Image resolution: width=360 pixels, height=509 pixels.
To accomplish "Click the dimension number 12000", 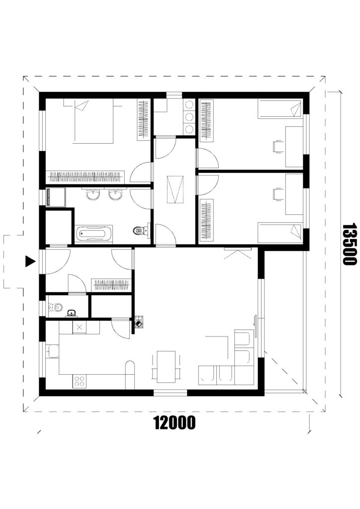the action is point(175,423).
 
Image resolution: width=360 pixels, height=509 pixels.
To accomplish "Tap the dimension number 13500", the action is point(349,244).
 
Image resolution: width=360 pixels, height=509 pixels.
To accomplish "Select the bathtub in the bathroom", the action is point(94,234).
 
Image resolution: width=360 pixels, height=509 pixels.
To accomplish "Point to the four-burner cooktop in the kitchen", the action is point(79,381).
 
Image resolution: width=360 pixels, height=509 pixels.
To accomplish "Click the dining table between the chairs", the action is point(166,367).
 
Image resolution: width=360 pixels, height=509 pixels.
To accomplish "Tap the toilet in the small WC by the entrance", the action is point(55,307).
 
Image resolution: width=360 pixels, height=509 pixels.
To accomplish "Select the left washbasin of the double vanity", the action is point(93,195).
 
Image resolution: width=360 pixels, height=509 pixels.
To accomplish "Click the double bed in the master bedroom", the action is point(93,121).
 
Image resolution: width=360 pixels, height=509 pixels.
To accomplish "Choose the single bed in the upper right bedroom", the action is point(279,109).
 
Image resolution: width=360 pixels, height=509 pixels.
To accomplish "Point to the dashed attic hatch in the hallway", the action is point(176,189).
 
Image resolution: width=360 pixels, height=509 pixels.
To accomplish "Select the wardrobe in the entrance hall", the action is point(111,285).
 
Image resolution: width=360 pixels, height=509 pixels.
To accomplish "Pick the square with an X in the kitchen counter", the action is point(79,328).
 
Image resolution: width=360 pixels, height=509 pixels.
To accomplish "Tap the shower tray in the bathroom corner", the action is point(56,197).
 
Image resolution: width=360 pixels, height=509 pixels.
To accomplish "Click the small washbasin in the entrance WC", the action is point(72,313).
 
